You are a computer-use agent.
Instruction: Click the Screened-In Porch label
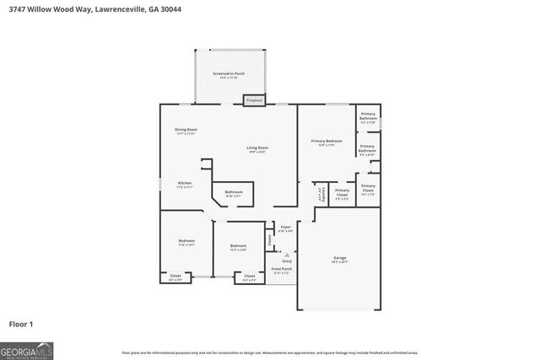coord(228,74)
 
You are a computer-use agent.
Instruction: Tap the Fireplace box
coord(254,101)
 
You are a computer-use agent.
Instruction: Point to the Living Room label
coord(256,149)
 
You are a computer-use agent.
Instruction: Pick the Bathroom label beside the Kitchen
coord(234,192)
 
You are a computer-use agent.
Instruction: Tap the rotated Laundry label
coord(319,194)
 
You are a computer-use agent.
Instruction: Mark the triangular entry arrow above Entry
coord(287,253)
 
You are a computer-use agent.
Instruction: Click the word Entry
coord(287,261)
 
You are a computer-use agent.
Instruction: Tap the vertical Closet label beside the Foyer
coord(270,239)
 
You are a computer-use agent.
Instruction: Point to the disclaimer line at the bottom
coord(269,353)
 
